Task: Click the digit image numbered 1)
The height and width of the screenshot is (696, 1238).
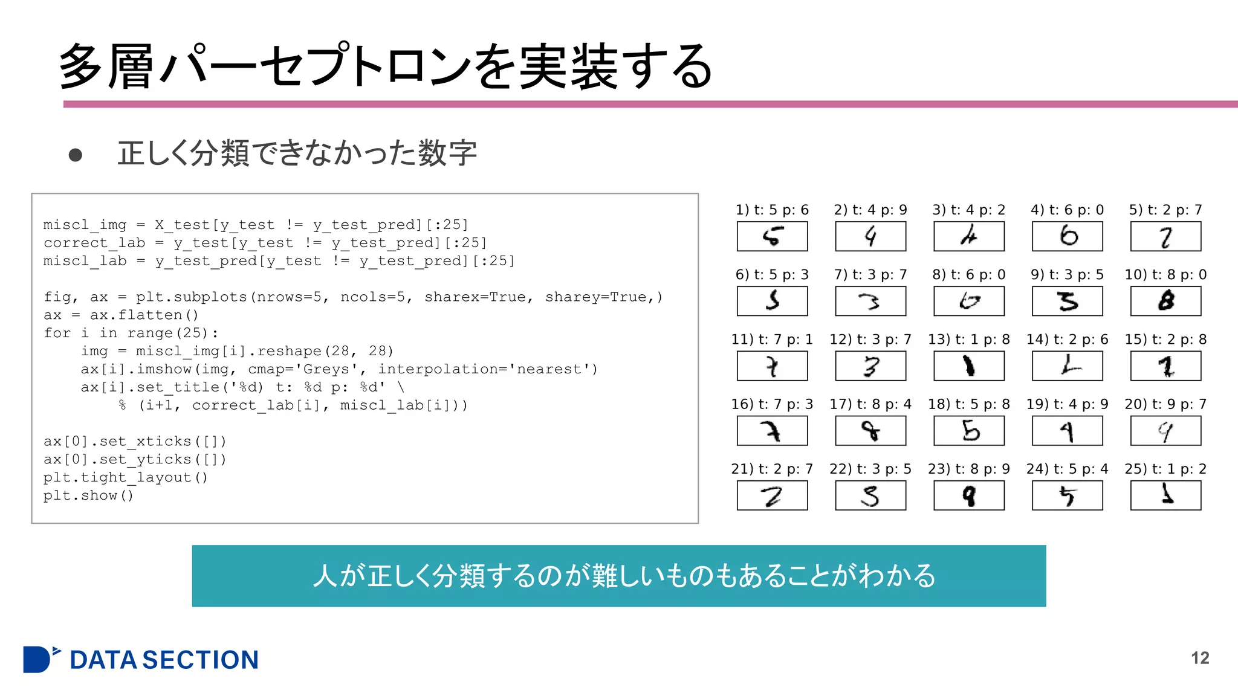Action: [772, 236]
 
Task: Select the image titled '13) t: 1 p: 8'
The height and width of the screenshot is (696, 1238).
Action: [968, 366]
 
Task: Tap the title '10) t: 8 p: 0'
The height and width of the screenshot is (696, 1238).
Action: [1165, 275]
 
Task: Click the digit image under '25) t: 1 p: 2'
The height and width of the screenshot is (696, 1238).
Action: [1165, 495]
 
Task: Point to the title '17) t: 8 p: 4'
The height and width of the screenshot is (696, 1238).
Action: [870, 404]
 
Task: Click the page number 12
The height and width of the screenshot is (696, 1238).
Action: [1200, 658]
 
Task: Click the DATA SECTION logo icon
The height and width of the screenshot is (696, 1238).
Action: [40, 659]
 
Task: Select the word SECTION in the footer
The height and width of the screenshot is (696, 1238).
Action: [200, 660]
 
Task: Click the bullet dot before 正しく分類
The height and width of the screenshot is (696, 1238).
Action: [76, 155]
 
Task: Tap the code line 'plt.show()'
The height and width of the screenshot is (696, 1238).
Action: [88, 495]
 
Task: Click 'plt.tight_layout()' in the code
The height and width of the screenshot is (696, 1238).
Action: [126, 477]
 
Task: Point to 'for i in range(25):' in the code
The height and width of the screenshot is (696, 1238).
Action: [131, 333]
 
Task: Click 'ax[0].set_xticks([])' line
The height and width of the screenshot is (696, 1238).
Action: [135, 441]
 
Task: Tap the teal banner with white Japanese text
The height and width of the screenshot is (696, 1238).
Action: [618, 576]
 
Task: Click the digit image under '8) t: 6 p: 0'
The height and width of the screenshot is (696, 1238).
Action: [968, 301]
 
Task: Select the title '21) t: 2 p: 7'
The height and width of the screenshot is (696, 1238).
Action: [772, 469]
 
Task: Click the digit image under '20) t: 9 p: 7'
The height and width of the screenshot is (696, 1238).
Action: [1165, 431]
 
